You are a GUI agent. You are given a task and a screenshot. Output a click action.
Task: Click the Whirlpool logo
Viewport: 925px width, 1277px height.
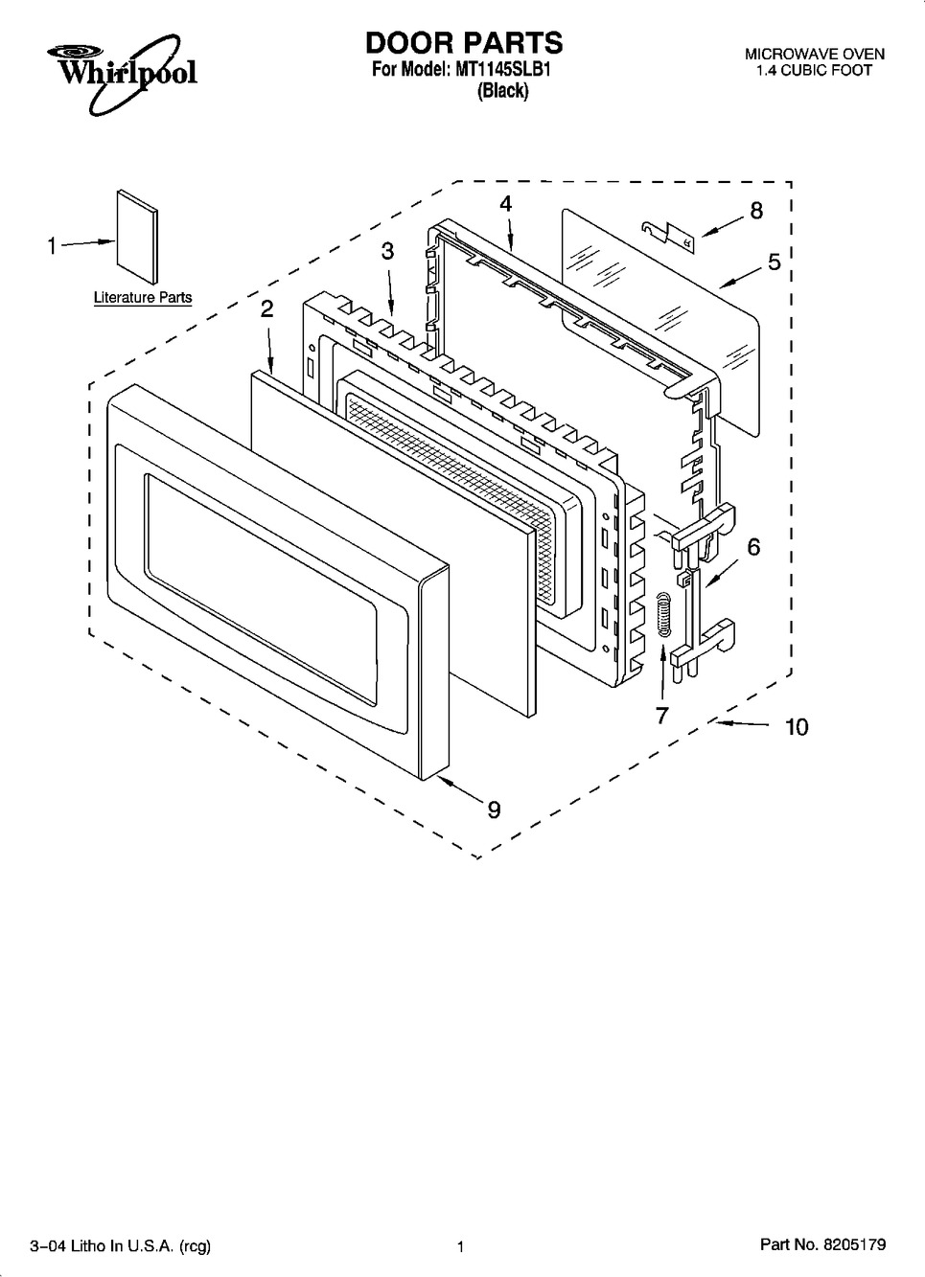[122, 73]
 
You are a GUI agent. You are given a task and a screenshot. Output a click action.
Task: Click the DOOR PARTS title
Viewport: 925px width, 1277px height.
[464, 43]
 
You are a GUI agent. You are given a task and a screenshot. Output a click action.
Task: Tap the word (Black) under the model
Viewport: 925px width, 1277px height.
[502, 90]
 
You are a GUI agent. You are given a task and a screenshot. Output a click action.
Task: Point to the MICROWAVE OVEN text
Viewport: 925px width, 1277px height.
[815, 55]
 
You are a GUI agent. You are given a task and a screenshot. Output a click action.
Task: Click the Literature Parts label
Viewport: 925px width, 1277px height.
[143, 297]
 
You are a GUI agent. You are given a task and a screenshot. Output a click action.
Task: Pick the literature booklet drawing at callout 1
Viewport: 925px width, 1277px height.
[137, 236]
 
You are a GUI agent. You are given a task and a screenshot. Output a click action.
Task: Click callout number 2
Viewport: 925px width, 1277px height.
[266, 309]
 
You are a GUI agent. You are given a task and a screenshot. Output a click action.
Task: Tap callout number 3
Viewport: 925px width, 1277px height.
[388, 251]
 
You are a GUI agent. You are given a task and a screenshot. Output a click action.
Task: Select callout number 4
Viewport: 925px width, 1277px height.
[506, 203]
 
